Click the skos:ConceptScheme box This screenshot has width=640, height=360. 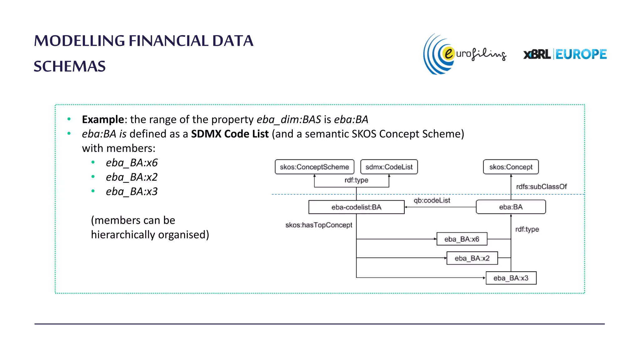[x=314, y=167]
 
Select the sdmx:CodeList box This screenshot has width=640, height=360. [x=389, y=167]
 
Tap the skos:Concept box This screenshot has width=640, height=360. [x=511, y=167]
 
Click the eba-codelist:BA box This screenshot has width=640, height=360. [x=356, y=207]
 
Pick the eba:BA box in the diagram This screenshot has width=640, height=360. [x=511, y=207]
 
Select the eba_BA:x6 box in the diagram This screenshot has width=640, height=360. [x=462, y=239]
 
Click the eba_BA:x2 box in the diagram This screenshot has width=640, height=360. [x=472, y=258]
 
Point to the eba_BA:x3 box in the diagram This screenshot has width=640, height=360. [x=511, y=278]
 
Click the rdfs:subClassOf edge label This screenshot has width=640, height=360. [x=541, y=187]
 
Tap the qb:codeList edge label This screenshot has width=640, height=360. [x=432, y=200]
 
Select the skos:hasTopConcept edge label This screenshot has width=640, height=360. [x=319, y=225]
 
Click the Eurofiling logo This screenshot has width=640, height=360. [x=464, y=54]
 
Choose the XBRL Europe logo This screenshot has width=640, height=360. [x=565, y=54]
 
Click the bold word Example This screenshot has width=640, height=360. [x=103, y=119]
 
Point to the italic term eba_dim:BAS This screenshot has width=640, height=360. [x=289, y=119]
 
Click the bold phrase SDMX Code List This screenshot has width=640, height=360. [x=230, y=134]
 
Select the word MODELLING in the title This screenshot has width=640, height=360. [x=79, y=41]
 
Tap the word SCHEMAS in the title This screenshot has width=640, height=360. [x=70, y=66]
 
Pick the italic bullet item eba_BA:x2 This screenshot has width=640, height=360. [x=132, y=177]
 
